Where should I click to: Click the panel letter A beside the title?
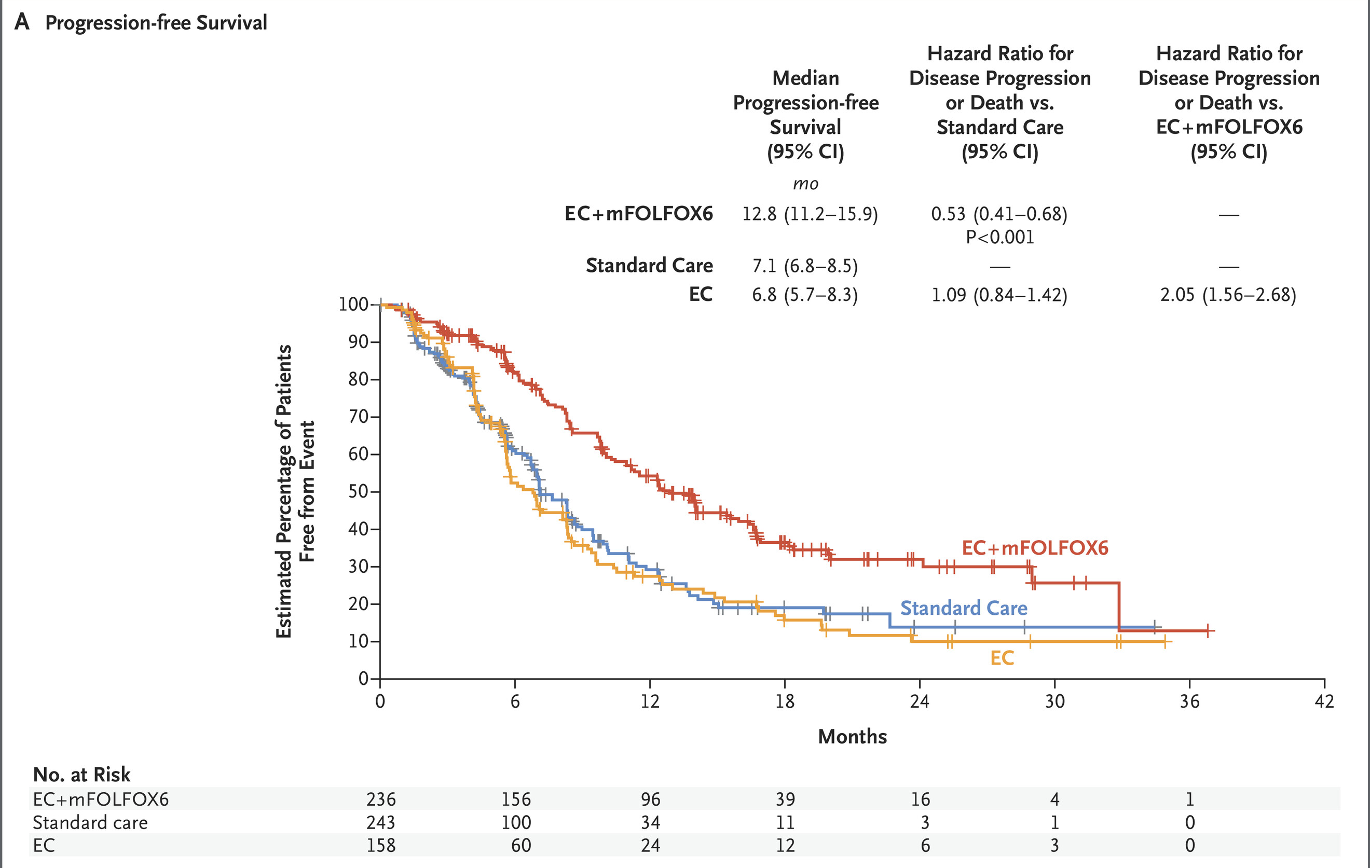[22, 22]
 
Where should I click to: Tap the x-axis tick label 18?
[785, 701]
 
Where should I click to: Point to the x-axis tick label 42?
[1324, 701]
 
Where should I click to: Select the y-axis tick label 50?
[359, 491]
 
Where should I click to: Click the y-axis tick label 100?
[353, 305]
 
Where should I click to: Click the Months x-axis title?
[852, 737]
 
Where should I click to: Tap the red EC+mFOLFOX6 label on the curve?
[1035, 548]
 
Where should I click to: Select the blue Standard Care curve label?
[964, 608]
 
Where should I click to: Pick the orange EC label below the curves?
[1002, 658]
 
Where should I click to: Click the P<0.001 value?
[999, 237]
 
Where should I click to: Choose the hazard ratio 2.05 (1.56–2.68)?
[1228, 295]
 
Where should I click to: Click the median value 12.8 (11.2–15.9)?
[810, 214]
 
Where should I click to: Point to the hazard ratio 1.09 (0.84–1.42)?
[999, 295]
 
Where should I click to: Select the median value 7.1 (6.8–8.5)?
[804, 266]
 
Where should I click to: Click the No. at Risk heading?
[81, 775]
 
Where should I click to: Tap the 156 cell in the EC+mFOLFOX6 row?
[515, 799]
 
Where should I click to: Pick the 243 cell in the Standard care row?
[380, 822]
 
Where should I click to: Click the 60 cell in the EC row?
[520, 845]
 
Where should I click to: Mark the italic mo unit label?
[805, 184]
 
